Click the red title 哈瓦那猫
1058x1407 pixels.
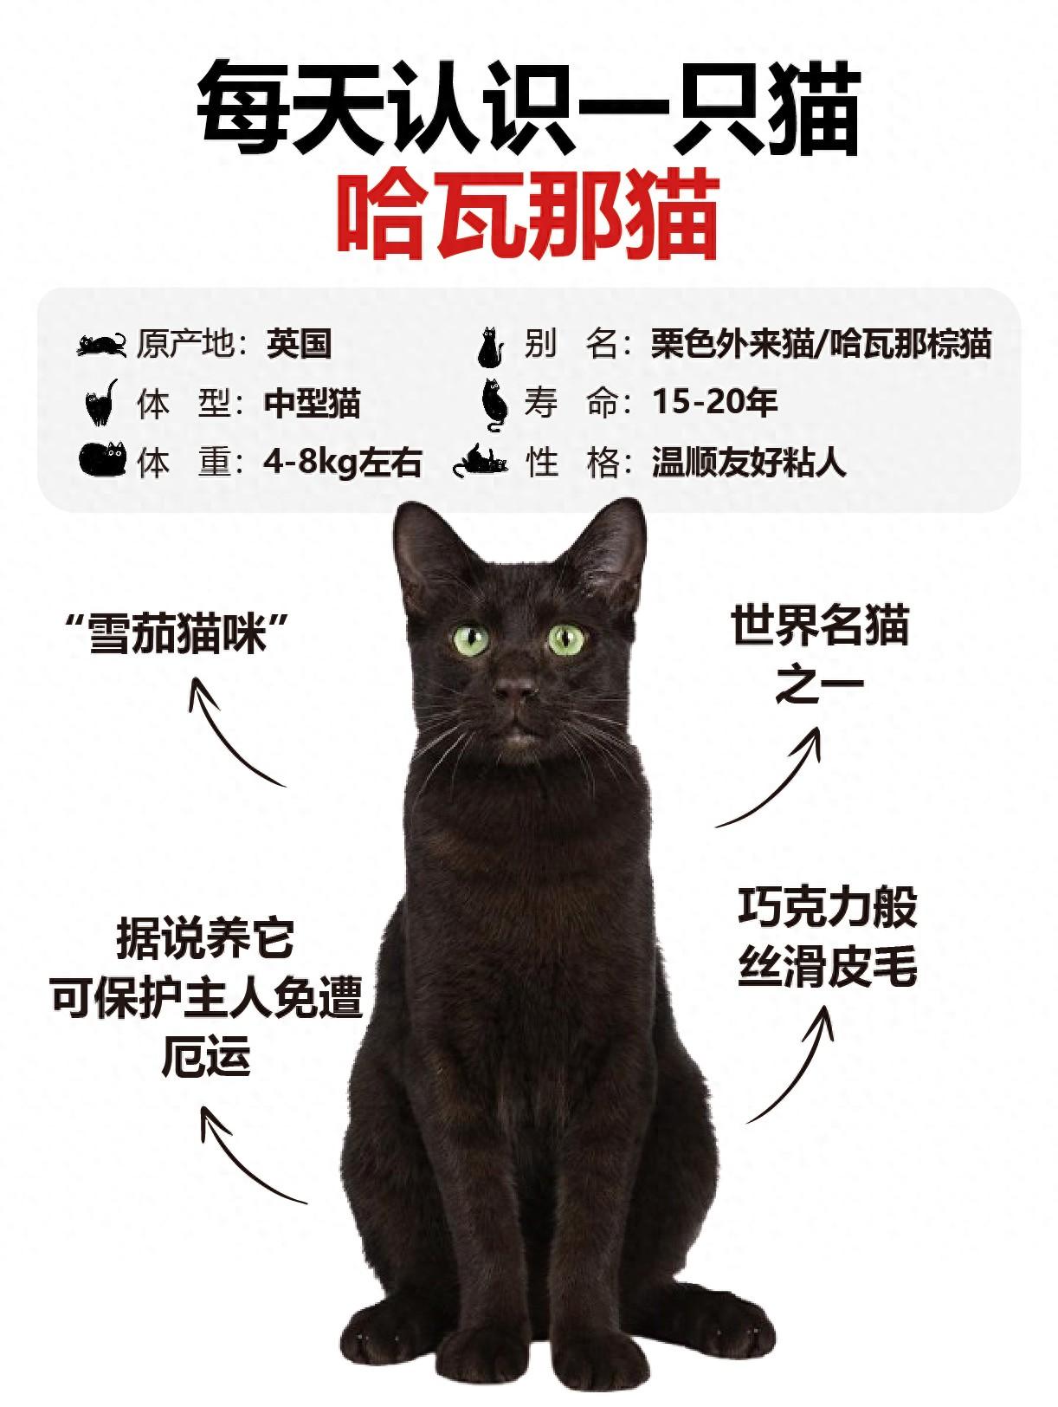[528, 215]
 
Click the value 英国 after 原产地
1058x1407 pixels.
[299, 344]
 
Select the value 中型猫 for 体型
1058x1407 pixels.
[312, 403]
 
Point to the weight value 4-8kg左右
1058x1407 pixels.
[343, 461]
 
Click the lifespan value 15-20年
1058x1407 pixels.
[715, 403]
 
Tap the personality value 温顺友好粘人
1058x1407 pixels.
[749, 461]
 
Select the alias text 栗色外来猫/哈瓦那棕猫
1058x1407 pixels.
[821, 344]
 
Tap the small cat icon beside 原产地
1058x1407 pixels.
[101, 344]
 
